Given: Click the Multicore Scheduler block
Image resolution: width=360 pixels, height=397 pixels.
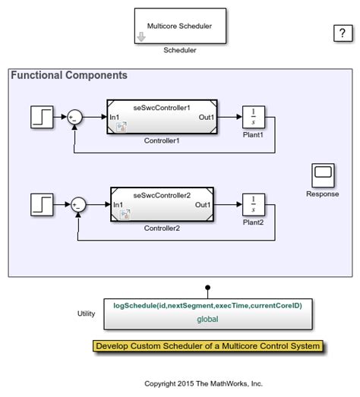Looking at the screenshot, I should click(x=180, y=26).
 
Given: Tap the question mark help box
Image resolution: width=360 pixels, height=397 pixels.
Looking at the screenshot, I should click(x=339, y=33).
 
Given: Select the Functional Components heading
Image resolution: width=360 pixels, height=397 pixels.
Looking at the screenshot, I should click(x=69, y=75).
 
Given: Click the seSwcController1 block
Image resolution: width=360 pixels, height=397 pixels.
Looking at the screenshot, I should click(x=161, y=117).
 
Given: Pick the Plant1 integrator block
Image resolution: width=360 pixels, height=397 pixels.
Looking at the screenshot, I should click(x=253, y=117).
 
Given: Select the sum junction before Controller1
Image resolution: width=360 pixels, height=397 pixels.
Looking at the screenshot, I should click(x=74, y=117).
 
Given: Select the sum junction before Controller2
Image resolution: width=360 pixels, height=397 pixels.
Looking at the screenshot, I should click(x=78, y=204).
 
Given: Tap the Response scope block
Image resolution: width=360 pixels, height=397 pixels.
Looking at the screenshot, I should click(x=323, y=175).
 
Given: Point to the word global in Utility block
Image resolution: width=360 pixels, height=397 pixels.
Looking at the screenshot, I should click(x=207, y=319).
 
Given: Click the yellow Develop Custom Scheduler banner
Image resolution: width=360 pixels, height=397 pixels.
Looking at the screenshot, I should click(x=207, y=346).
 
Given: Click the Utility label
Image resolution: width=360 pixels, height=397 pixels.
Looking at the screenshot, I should click(x=87, y=313).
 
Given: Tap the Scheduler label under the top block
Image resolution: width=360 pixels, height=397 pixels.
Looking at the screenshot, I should click(x=180, y=51).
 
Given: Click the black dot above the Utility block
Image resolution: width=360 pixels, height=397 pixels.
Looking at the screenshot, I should click(x=207, y=288).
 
